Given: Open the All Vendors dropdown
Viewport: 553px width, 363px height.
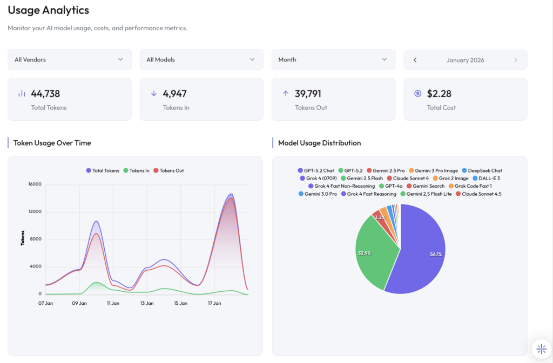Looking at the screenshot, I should [x=69, y=59].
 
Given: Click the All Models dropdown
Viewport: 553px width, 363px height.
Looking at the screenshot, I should [x=201, y=59].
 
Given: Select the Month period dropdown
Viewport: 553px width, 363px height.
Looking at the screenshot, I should [x=333, y=59].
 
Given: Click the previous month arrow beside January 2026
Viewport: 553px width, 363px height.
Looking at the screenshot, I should [x=415, y=60].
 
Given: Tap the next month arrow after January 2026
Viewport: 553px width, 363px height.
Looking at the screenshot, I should [x=516, y=60].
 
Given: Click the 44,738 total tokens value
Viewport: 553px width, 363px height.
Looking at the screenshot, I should [x=45, y=93].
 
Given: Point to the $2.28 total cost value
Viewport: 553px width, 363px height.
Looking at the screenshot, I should [x=439, y=93].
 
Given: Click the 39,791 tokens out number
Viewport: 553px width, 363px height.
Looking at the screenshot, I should [x=308, y=93].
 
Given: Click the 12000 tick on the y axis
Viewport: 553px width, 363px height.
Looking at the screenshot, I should [x=35, y=211].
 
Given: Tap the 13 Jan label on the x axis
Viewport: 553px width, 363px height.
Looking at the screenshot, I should [x=147, y=303].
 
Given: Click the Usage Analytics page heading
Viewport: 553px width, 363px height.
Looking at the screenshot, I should [x=48, y=10].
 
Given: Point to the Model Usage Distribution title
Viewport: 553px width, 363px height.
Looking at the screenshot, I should [x=319, y=143].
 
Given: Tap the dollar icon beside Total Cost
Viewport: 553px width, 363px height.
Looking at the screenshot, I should [x=417, y=93].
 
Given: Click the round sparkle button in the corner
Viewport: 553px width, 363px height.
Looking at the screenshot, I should [x=541, y=348].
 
